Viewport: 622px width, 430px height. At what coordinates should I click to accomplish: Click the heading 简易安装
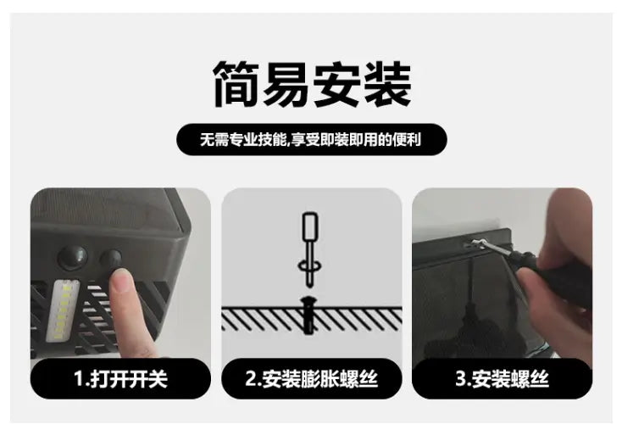[312, 84]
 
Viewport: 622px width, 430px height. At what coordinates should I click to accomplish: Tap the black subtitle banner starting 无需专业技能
[312, 139]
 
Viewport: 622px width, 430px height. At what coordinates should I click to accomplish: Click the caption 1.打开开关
[120, 378]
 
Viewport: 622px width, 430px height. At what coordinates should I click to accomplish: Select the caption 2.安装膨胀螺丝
[311, 378]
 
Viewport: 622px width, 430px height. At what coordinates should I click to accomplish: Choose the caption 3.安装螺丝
[503, 378]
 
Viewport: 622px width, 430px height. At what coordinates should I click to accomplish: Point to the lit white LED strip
[63, 310]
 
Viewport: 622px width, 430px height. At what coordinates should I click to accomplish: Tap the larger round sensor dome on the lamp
[73, 258]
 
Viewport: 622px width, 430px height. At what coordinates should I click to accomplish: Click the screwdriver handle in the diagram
[310, 226]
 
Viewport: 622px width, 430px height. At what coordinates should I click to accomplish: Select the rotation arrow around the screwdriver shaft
[309, 265]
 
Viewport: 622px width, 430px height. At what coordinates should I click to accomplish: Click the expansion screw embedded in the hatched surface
[308, 315]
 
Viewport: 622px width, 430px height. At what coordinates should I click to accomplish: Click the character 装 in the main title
[387, 84]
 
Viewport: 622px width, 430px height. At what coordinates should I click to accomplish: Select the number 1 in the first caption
[79, 378]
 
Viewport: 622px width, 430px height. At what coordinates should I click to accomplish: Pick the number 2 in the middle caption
[251, 378]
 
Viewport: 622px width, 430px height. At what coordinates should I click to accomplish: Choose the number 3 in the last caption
[461, 378]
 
